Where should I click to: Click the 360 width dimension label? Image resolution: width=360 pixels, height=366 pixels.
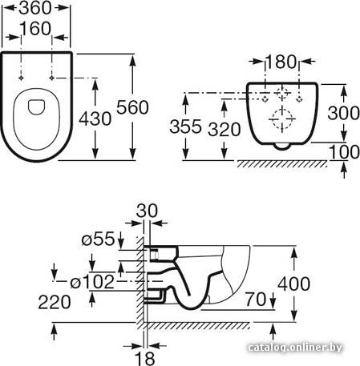pyautogui.click(x=35, y=8)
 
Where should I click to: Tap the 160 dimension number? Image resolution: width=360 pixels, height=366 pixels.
pyautogui.click(x=35, y=29)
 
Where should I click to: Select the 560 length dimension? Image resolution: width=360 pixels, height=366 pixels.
pyautogui.click(x=132, y=107)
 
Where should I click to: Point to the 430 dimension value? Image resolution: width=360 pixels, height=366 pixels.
pyautogui.click(x=95, y=119)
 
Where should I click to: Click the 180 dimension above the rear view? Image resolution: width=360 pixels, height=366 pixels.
pyautogui.click(x=281, y=62)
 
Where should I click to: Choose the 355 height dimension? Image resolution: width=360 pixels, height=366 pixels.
pyautogui.click(x=185, y=127)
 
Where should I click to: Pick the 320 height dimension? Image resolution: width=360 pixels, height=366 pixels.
pyautogui.click(x=224, y=130)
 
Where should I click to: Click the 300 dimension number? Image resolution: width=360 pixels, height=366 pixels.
pyautogui.click(x=344, y=113)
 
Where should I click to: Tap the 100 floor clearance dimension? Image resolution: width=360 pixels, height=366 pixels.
pyautogui.click(x=345, y=152)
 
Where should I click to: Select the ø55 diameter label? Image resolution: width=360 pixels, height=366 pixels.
pyautogui.click(x=98, y=239)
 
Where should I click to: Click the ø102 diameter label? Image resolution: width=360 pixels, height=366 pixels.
pyautogui.click(x=92, y=282)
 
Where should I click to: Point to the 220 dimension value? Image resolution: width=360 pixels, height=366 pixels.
pyautogui.click(x=55, y=302)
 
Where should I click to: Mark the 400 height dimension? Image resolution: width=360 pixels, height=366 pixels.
pyautogui.click(x=294, y=284)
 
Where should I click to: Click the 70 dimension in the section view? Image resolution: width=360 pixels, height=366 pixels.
pyautogui.click(x=256, y=299)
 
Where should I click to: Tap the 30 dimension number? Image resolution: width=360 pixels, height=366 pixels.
pyautogui.click(x=147, y=211)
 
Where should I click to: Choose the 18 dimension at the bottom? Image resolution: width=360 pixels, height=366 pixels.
pyautogui.click(x=144, y=358)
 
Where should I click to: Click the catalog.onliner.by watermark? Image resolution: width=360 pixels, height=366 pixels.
pyautogui.click(x=295, y=348)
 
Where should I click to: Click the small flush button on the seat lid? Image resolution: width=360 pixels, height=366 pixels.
pyautogui.click(x=36, y=107)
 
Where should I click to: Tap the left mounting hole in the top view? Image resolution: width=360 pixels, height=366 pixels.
pyautogui.click(x=21, y=78)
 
